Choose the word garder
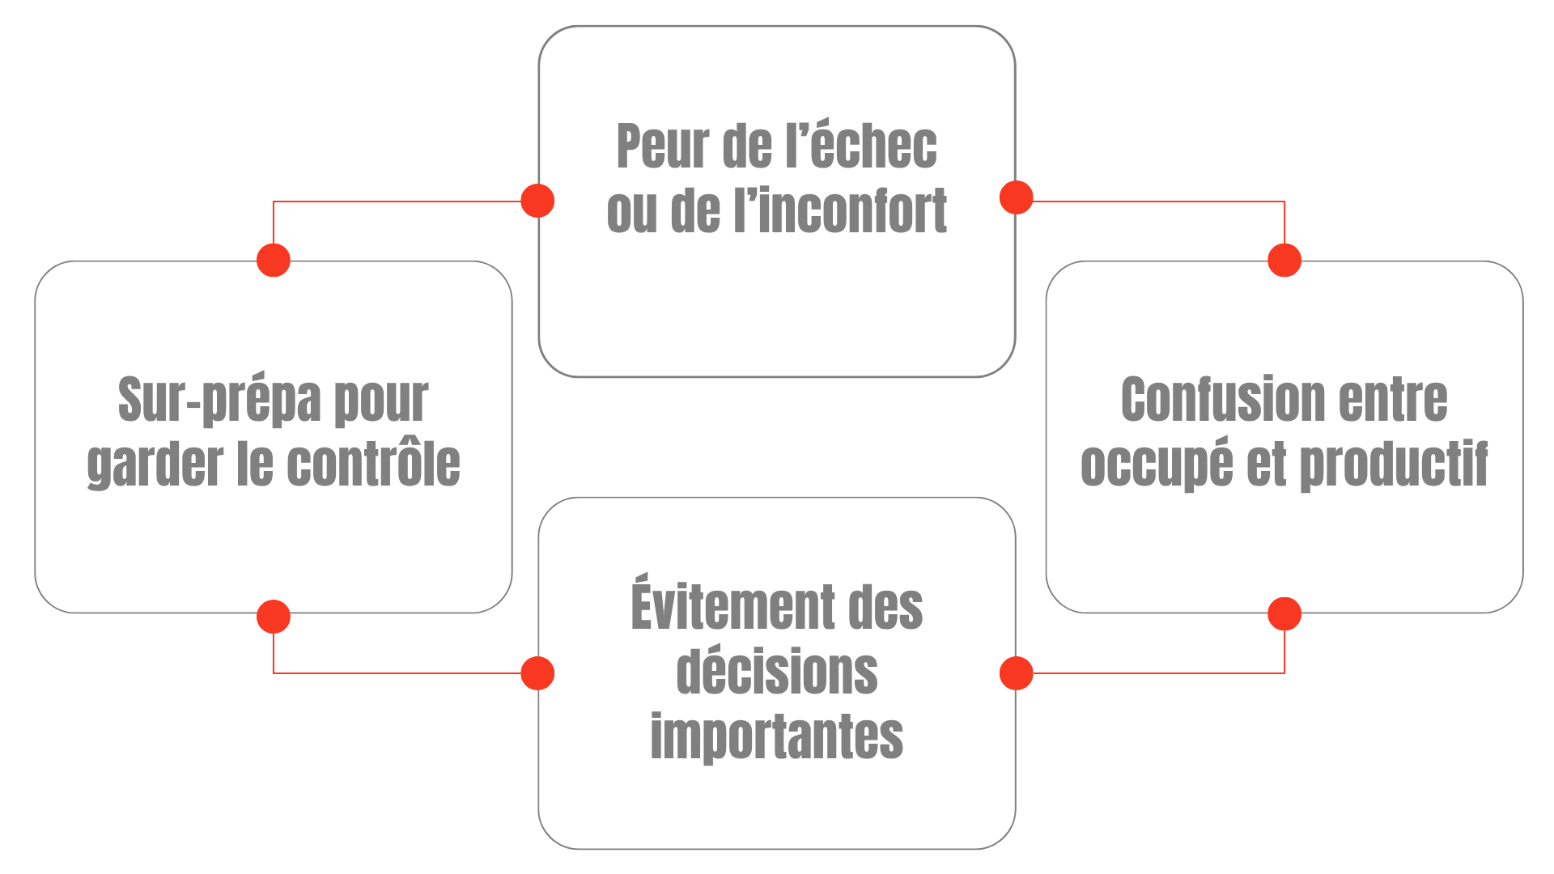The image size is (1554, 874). point(154,466)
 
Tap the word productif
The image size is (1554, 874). point(1394,466)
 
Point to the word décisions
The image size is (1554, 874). point(777,672)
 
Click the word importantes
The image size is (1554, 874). point(777,736)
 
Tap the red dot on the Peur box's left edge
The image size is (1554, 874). point(537,201)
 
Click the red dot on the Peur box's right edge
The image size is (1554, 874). point(1017,197)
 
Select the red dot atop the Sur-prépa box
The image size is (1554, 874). point(274,261)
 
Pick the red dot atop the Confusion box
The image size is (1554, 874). point(1284,261)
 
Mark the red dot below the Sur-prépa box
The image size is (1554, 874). point(274,617)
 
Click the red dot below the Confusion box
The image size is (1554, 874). point(1284,613)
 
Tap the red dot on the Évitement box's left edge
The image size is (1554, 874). point(537,673)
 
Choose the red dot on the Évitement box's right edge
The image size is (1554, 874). point(1017,673)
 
